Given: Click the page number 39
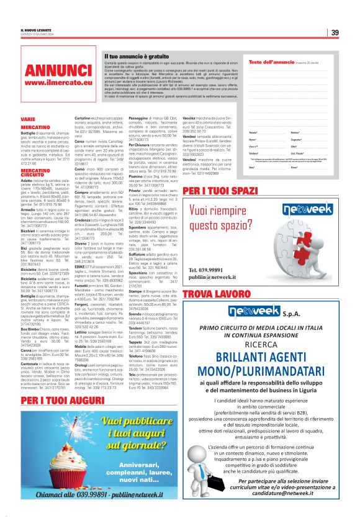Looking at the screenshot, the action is [x=335, y=33].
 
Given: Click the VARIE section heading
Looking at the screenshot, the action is [x=28, y=118].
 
